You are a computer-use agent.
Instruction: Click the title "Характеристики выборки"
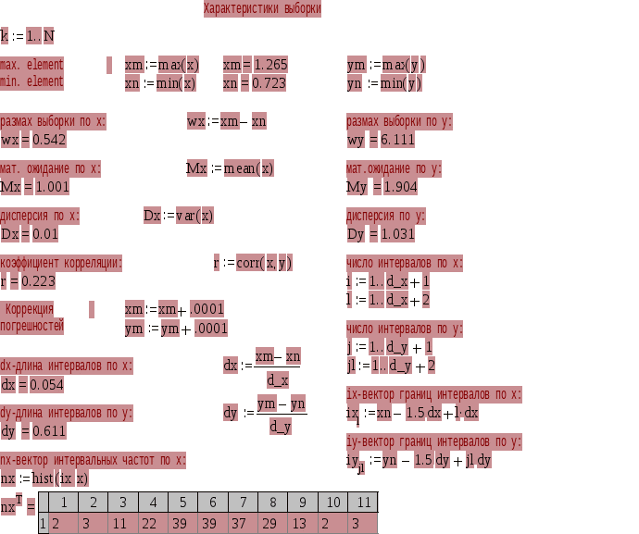(x=263, y=9)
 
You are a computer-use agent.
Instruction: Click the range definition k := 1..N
(x=27, y=37)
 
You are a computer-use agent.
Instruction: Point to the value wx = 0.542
(x=33, y=140)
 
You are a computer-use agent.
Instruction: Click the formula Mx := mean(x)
(x=230, y=168)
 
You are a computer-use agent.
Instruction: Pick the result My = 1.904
(x=382, y=187)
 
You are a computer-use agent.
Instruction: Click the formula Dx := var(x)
(x=179, y=216)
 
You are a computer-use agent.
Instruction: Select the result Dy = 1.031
(x=381, y=234)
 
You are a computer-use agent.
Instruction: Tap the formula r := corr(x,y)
(x=253, y=263)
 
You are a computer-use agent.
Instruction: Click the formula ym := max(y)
(x=386, y=65)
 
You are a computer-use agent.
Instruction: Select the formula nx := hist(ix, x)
(x=44, y=478)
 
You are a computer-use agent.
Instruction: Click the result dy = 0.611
(x=33, y=431)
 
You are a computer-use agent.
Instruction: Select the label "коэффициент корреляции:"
(x=60, y=263)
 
